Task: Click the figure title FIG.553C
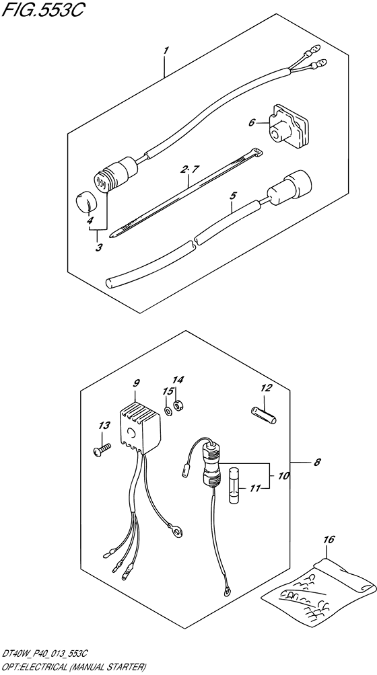point(42,10)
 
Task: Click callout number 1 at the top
point(166,51)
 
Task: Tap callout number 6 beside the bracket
point(252,122)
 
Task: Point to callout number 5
point(233,196)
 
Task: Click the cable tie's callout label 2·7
point(189,170)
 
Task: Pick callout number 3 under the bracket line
point(99,248)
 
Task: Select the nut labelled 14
point(176,405)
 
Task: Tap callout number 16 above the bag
point(329,539)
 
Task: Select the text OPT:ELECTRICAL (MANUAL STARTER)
point(73,668)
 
